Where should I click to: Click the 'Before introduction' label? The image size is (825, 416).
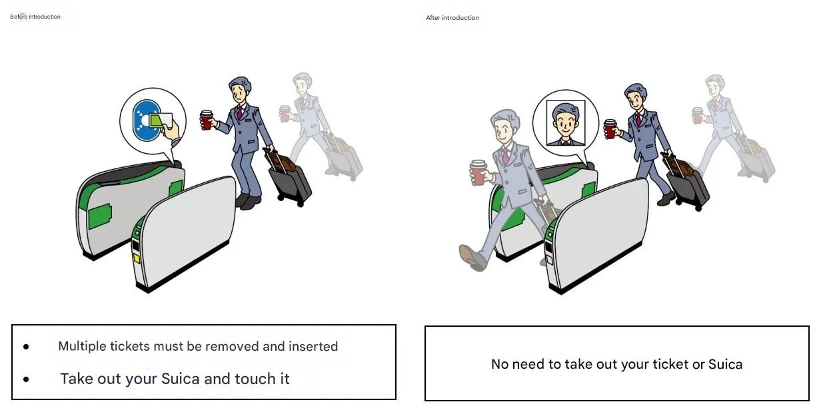click(35, 17)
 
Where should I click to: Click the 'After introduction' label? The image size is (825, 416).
click(452, 18)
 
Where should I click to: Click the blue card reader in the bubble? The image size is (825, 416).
click(146, 120)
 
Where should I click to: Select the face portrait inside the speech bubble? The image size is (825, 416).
click(566, 123)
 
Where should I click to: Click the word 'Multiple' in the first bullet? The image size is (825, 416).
click(82, 347)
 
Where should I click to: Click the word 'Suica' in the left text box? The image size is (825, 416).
click(181, 379)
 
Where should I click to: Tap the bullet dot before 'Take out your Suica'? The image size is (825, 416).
click(26, 379)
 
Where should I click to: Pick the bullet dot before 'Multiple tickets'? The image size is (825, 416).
click(26, 347)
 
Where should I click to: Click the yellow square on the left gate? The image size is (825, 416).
click(137, 258)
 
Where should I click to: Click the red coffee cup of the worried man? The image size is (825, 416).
click(207, 120)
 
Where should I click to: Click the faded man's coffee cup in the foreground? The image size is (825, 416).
click(478, 172)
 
